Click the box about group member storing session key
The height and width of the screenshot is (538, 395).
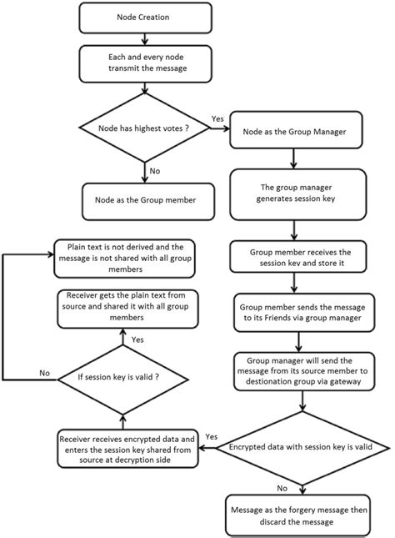click(x=298, y=257)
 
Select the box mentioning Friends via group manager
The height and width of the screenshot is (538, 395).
click(x=298, y=311)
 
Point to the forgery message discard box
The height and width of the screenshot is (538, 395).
click(x=298, y=511)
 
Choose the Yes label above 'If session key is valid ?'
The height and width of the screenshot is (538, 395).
click(x=137, y=339)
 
